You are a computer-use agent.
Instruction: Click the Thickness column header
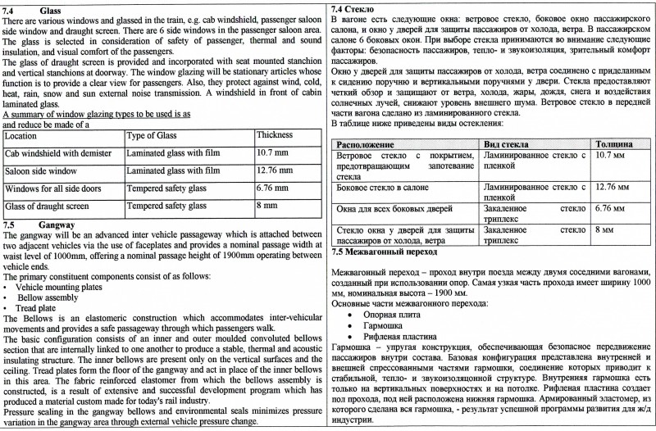pos(275,135)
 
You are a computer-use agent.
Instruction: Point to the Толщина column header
pos(613,143)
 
